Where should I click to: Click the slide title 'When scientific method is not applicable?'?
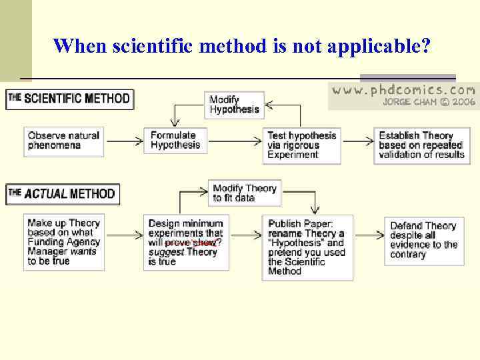tap(242, 46)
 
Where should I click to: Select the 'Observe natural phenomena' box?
tap(64, 141)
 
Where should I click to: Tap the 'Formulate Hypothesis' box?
tap(176, 140)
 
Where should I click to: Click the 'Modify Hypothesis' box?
tap(235, 105)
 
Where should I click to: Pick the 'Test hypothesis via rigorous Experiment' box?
tap(302, 145)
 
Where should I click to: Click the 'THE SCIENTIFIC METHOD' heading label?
tap(69, 99)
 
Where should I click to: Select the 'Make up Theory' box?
tap(64, 241)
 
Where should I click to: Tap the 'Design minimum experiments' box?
tap(185, 242)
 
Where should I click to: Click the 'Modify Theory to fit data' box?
tap(245, 193)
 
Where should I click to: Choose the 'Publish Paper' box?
tap(307, 247)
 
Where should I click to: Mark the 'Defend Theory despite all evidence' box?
tap(424, 240)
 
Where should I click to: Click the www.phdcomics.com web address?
tap(404, 90)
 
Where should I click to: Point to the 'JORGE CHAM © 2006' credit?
tap(429, 102)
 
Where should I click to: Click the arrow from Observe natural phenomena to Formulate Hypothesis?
tap(124, 141)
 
